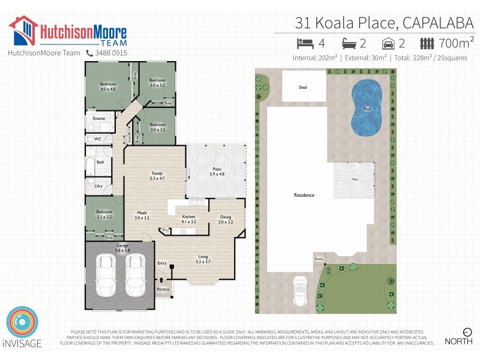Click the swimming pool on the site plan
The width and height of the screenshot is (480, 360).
pyautogui.click(x=367, y=109)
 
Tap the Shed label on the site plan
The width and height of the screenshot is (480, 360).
pyautogui.click(x=302, y=88)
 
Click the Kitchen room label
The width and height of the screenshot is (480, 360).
pyautogui.click(x=188, y=218)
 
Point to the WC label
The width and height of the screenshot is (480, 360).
pyautogui.click(x=98, y=139)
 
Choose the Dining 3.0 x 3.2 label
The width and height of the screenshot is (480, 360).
pyautogui.click(x=226, y=219)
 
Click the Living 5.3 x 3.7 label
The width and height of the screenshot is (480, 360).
pyautogui.click(x=204, y=259)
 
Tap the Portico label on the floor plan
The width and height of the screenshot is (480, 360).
pyautogui.click(x=163, y=289)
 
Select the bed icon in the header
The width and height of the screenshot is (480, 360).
pyautogui.click(x=305, y=43)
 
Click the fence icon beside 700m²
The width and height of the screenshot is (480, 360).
pyautogui.click(x=427, y=43)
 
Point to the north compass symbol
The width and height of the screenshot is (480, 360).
pyautogui.click(x=467, y=332)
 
